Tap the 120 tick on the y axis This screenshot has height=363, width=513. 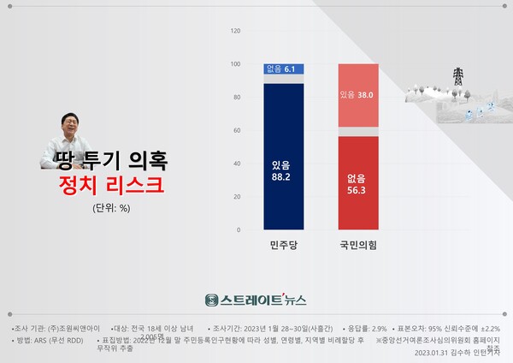(x=235, y=31)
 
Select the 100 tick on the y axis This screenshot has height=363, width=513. (x=235, y=64)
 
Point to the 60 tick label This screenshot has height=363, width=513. (x=237, y=130)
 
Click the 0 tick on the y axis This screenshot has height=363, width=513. (x=239, y=230)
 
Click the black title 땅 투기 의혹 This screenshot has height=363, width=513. (x=104, y=159)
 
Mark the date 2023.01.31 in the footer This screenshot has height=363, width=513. (x=428, y=351)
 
